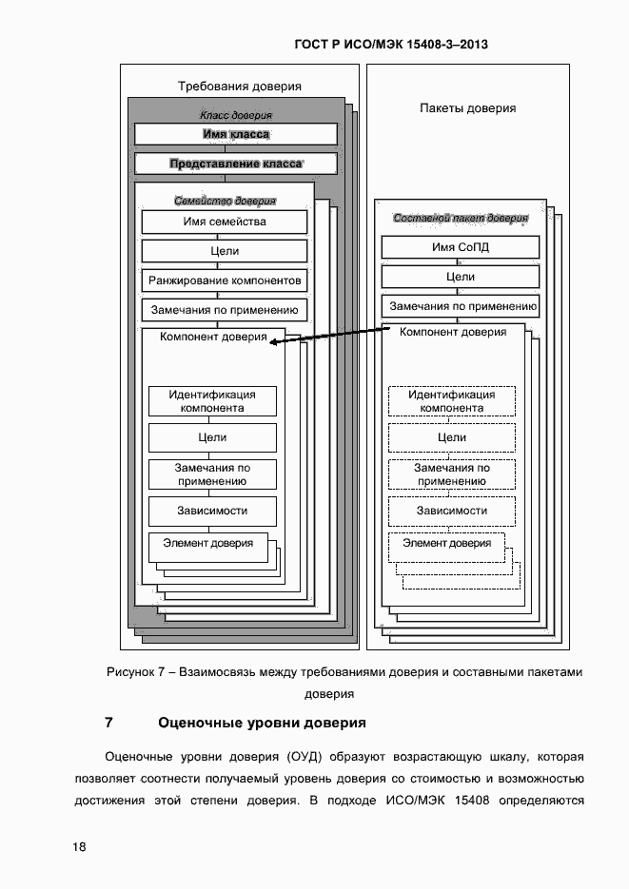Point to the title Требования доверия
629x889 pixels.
coord(240,86)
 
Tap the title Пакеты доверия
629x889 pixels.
coord(468,108)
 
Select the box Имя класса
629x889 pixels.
coord(236,134)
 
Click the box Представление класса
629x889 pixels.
coord(236,164)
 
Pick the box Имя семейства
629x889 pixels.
coord(225,222)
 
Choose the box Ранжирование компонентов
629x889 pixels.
coord(225,281)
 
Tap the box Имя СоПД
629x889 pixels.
coord(461,247)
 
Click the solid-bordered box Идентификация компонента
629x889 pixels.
coord(212,401)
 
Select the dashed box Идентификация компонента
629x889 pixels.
coord(452,401)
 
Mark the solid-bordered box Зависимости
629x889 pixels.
coord(212,511)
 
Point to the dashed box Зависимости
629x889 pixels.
coord(452,511)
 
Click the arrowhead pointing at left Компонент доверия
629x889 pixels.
coord(275,344)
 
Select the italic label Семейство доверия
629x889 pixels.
coord(226,201)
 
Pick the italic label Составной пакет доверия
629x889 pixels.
coord(461,218)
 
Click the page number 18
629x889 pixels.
coord(79,847)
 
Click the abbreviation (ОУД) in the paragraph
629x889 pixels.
coord(305,757)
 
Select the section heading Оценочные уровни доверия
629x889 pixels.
coord(262,723)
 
